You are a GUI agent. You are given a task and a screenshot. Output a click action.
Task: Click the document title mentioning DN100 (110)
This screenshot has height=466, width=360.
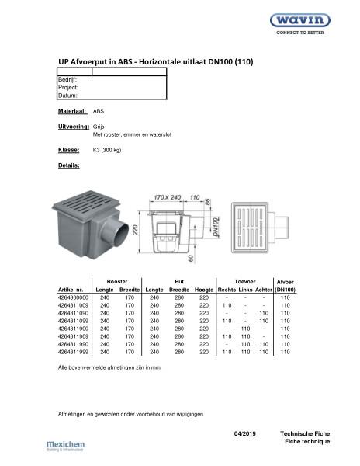(156, 61)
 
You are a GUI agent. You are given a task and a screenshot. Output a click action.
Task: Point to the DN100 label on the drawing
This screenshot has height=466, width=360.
(214, 228)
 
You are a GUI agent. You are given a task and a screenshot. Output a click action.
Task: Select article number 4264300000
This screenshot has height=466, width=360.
(74, 297)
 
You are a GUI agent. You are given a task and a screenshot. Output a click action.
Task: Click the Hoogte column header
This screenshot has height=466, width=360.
(204, 290)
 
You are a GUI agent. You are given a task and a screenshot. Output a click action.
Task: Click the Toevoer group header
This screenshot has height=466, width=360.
(246, 280)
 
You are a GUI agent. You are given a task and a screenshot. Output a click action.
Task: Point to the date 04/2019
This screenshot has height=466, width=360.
(244, 433)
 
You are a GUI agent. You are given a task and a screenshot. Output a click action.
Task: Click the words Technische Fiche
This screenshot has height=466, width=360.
(305, 433)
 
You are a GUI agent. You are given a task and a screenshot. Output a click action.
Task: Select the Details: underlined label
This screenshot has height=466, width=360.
(69, 166)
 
